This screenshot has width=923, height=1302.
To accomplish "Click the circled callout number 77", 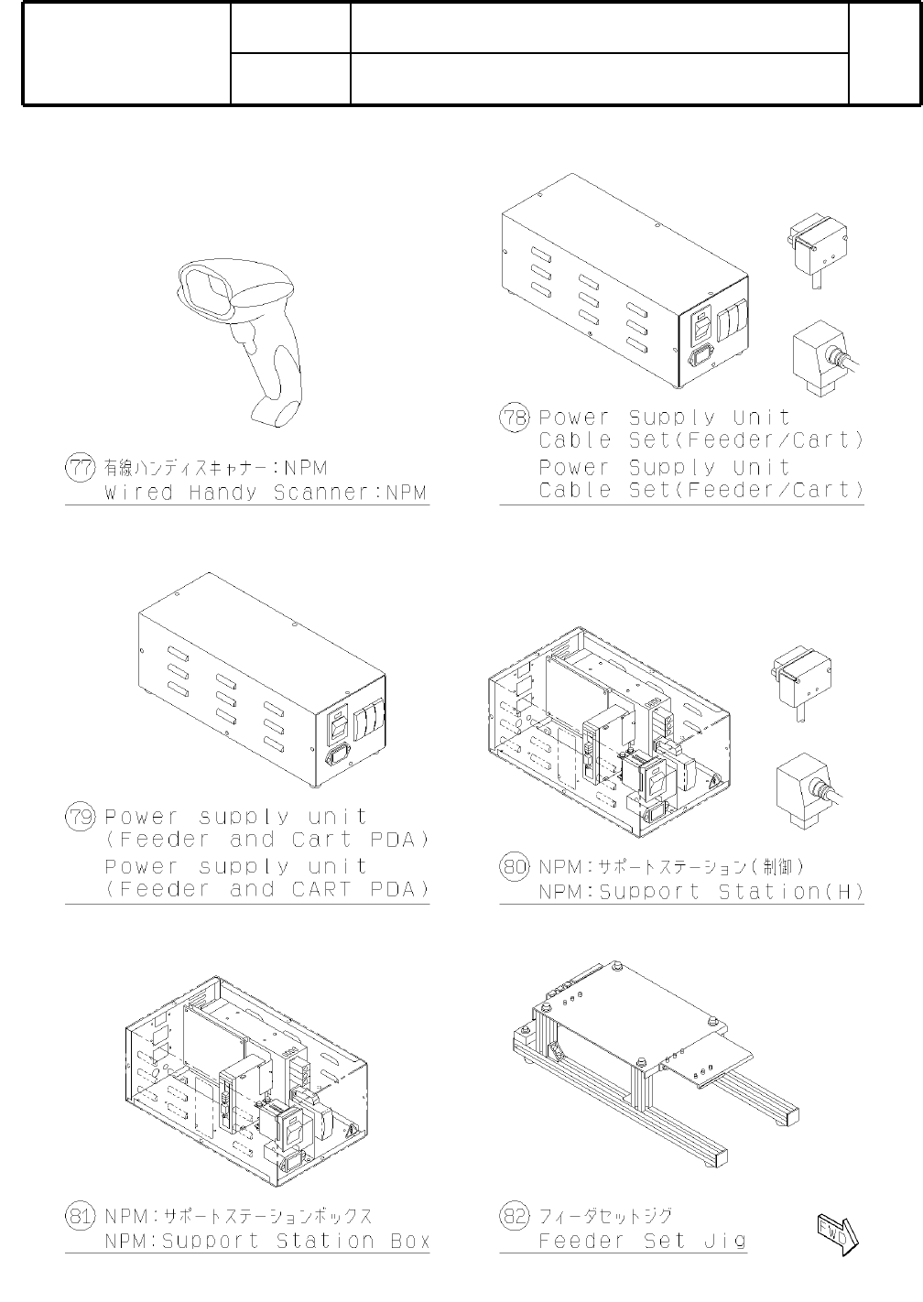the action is tap(80, 468).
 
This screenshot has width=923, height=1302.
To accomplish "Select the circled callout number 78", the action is tap(514, 418).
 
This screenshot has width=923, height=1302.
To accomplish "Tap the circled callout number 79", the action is tap(80, 817).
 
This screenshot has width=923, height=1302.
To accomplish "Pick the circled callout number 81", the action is tap(80, 1216).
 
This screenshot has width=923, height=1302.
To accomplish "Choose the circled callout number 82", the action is tap(514, 1216).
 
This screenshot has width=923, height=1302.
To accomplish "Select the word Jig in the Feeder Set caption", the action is tap(725, 1242).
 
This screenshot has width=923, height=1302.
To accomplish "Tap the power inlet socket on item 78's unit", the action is tap(702, 359).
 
